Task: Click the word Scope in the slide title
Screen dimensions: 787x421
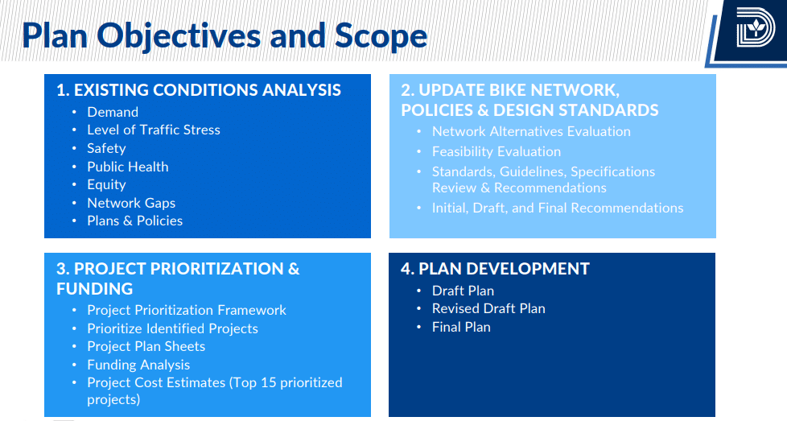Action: [381, 36]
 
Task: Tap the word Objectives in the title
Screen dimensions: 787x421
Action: [178, 37]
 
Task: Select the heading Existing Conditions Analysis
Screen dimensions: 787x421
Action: [199, 90]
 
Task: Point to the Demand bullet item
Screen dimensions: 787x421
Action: [113, 112]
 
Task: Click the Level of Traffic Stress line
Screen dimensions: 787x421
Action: [154, 130]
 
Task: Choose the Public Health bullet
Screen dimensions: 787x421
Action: [127, 167]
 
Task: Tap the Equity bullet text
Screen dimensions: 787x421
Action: [106, 184]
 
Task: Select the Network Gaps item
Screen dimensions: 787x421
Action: [131, 203]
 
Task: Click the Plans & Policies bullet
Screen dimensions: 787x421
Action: [134, 221]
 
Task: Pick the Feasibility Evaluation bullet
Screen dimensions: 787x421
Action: [497, 151]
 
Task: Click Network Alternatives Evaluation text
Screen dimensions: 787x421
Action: [531, 131]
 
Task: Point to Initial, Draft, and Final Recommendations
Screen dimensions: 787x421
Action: [558, 208]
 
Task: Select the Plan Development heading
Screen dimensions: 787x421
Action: [495, 268]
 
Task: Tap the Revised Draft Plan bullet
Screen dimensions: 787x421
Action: [488, 308]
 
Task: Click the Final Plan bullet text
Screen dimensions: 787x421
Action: [461, 327]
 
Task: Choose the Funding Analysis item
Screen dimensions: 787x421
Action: [138, 365]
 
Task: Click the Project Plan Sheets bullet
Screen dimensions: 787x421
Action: [146, 347]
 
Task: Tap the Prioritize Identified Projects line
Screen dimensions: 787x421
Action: [173, 328]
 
